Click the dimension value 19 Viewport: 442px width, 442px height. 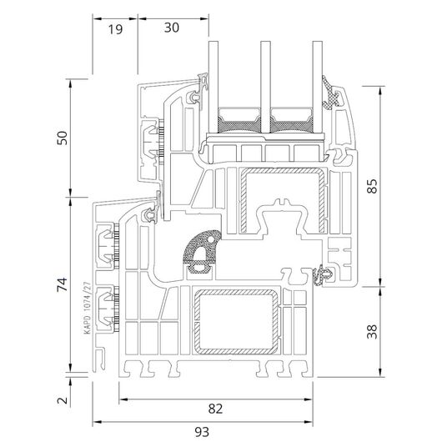point(116,29)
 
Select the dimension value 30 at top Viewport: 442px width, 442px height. point(172,28)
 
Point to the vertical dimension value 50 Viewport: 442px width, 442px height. point(63,138)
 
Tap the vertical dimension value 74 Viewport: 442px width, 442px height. point(63,284)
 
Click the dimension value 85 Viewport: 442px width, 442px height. point(372,186)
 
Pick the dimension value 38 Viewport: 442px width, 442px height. point(372,332)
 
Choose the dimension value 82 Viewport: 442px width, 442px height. point(215,409)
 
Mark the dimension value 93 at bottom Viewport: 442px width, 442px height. point(202,431)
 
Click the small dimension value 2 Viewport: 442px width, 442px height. point(63,400)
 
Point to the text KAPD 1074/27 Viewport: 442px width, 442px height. point(88,308)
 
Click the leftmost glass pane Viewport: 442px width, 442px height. point(213,87)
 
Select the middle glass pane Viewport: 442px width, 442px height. point(265,87)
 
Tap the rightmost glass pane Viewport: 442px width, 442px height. point(318,87)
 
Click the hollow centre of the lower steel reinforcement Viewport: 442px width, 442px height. point(236,322)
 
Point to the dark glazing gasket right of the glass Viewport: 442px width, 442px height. point(330,93)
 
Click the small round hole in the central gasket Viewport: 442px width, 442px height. point(210,239)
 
